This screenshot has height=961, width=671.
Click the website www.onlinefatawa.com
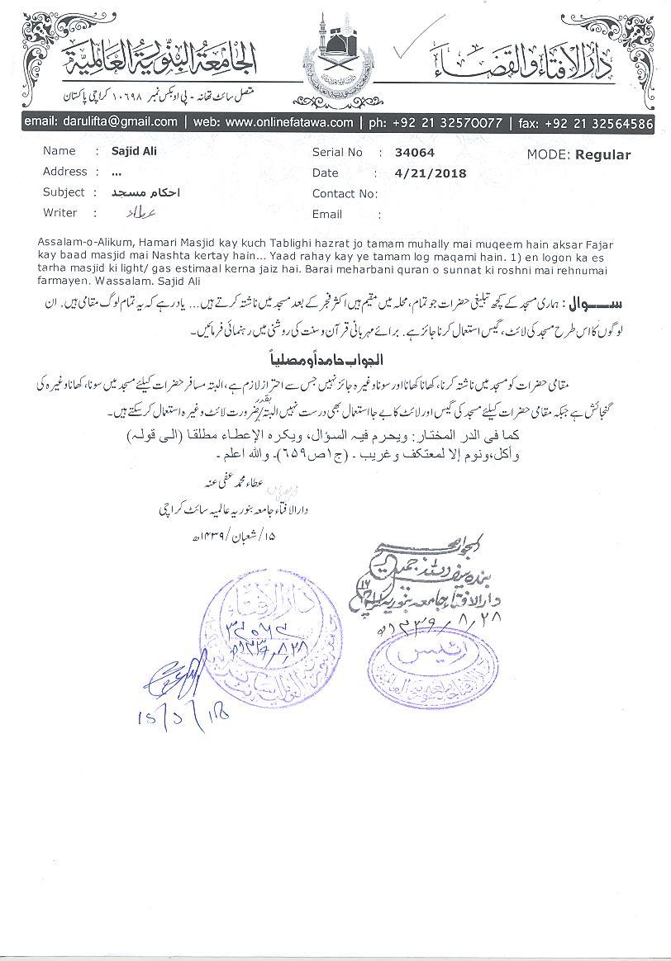[289, 121]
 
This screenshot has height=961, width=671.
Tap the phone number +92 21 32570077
[446, 121]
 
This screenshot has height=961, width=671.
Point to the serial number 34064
[415, 153]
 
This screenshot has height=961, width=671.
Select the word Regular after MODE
[603, 154]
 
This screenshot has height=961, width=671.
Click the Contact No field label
[345, 194]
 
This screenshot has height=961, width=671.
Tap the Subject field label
[64, 192]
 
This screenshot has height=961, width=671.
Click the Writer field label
[59, 213]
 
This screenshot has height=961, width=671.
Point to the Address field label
[64, 172]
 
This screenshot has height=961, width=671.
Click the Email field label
[327, 214]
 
